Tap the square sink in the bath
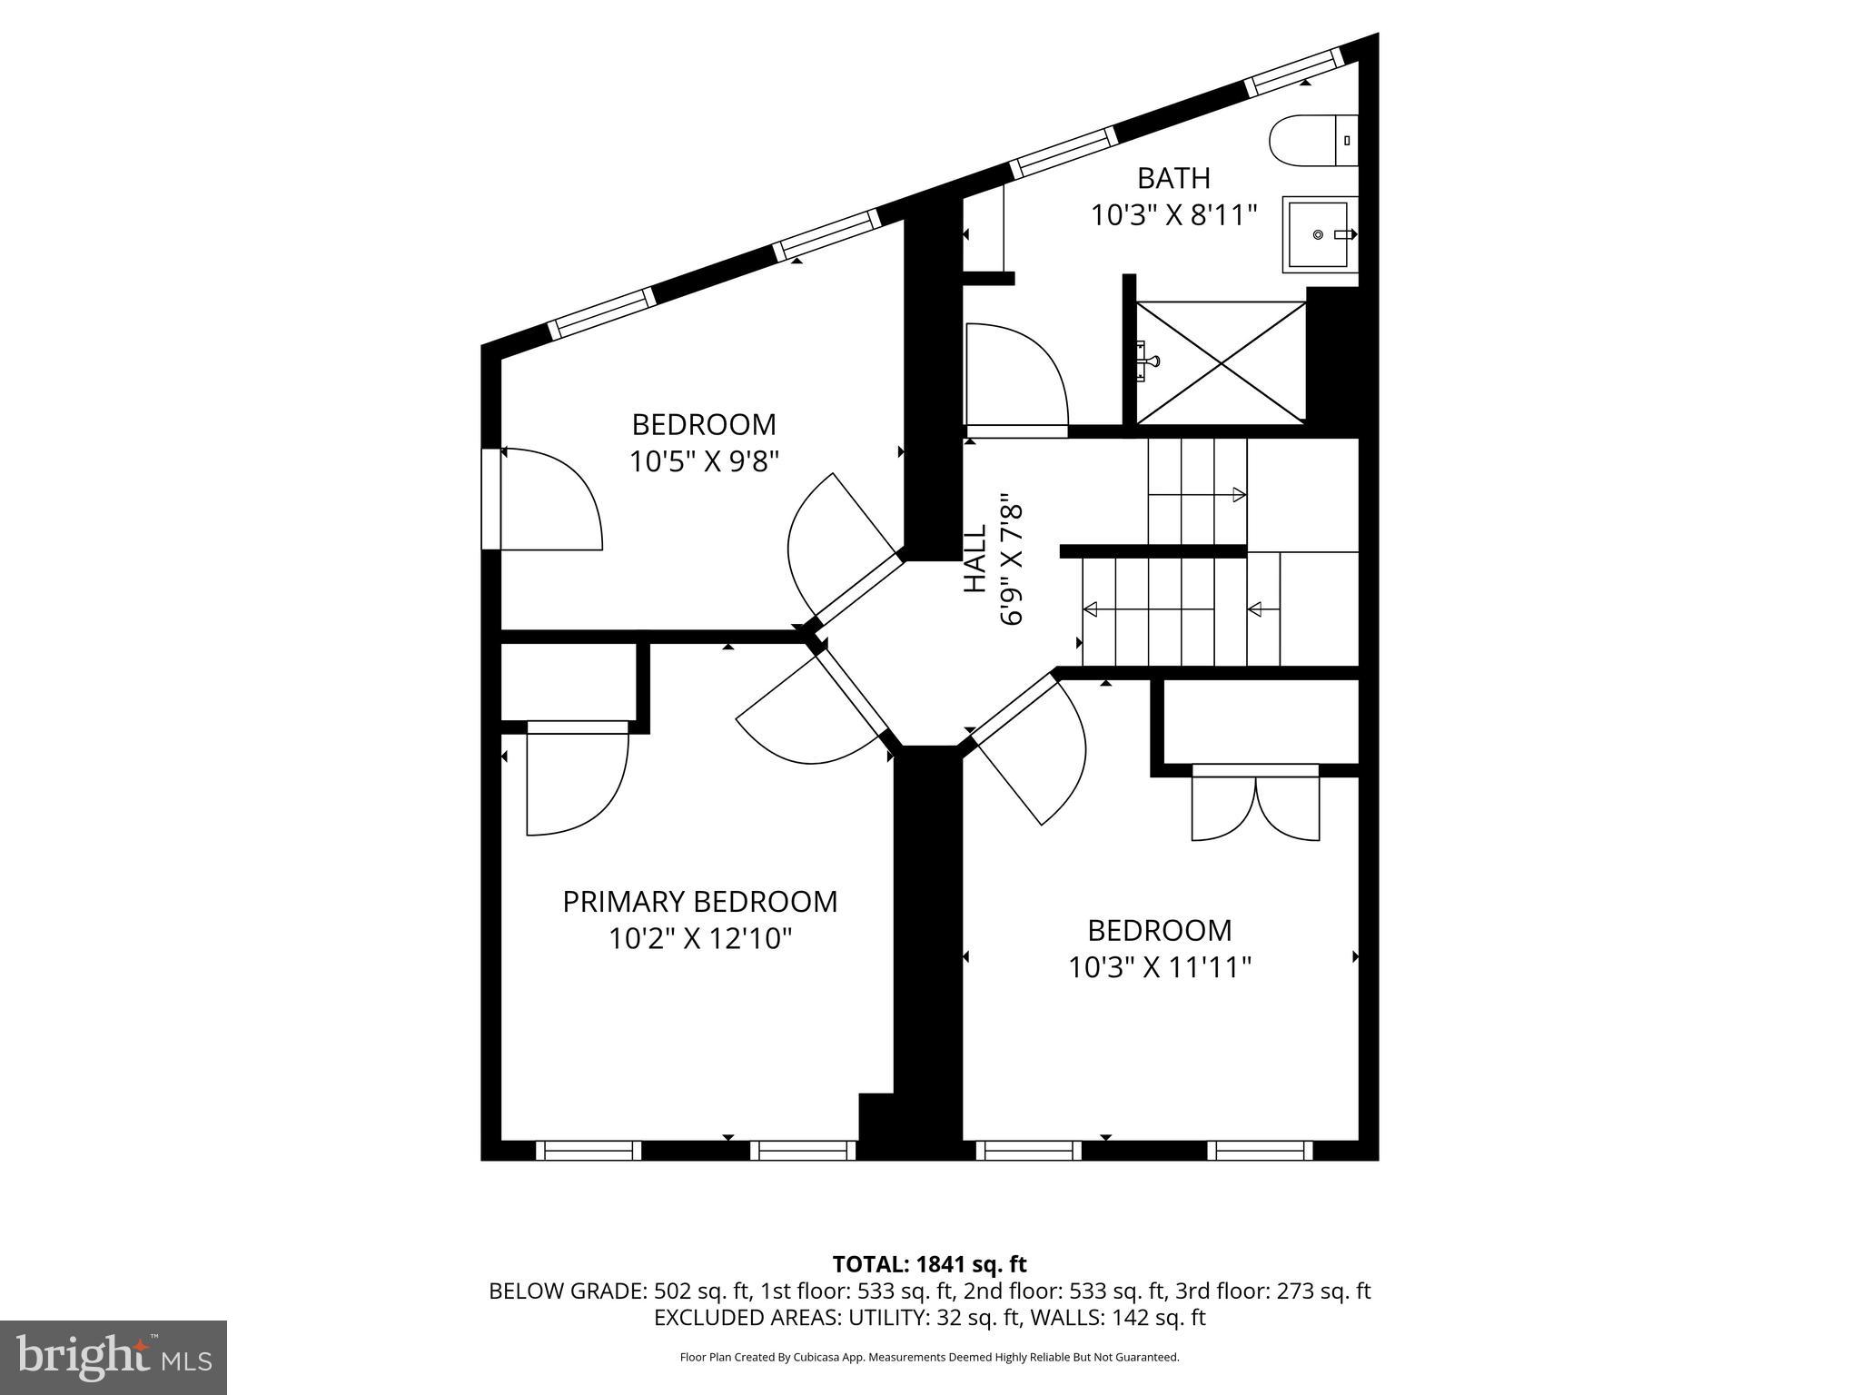point(1319,234)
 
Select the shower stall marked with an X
point(1221,362)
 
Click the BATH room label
point(1173,178)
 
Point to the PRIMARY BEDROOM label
point(699,902)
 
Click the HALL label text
point(975,559)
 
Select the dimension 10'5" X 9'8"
point(705,462)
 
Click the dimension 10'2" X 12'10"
point(700,939)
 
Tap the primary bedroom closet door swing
point(577,779)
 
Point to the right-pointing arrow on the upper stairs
point(1238,495)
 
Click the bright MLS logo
point(114,1358)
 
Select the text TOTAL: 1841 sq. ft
point(929,1264)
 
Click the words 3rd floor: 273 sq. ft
point(1272,1291)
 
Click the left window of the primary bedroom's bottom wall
point(589,1151)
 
